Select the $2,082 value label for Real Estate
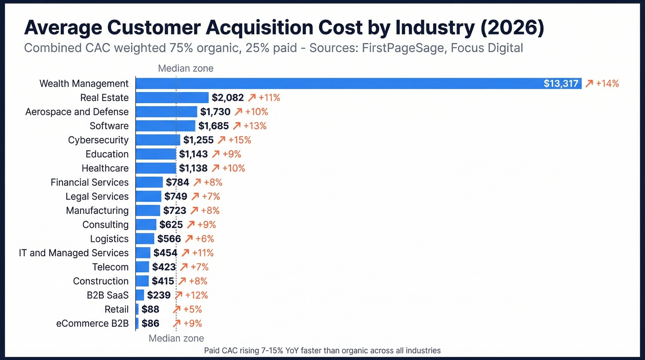click(228, 98)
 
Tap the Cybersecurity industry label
click(98, 140)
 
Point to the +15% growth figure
click(240, 140)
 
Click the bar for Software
click(165, 126)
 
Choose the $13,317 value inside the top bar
click(561, 83)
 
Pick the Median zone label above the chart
click(186, 69)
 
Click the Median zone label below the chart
click(176, 338)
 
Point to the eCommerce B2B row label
click(92, 324)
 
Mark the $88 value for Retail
click(150, 309)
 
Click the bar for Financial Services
click(149, 182)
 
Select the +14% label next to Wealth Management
click(607, 83)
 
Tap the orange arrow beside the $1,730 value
click(238, 112)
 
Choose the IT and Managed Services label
click(74, 253)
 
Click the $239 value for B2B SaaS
click(159, 295)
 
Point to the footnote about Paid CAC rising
click(322, 351)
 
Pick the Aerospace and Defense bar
click(166, 112)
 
